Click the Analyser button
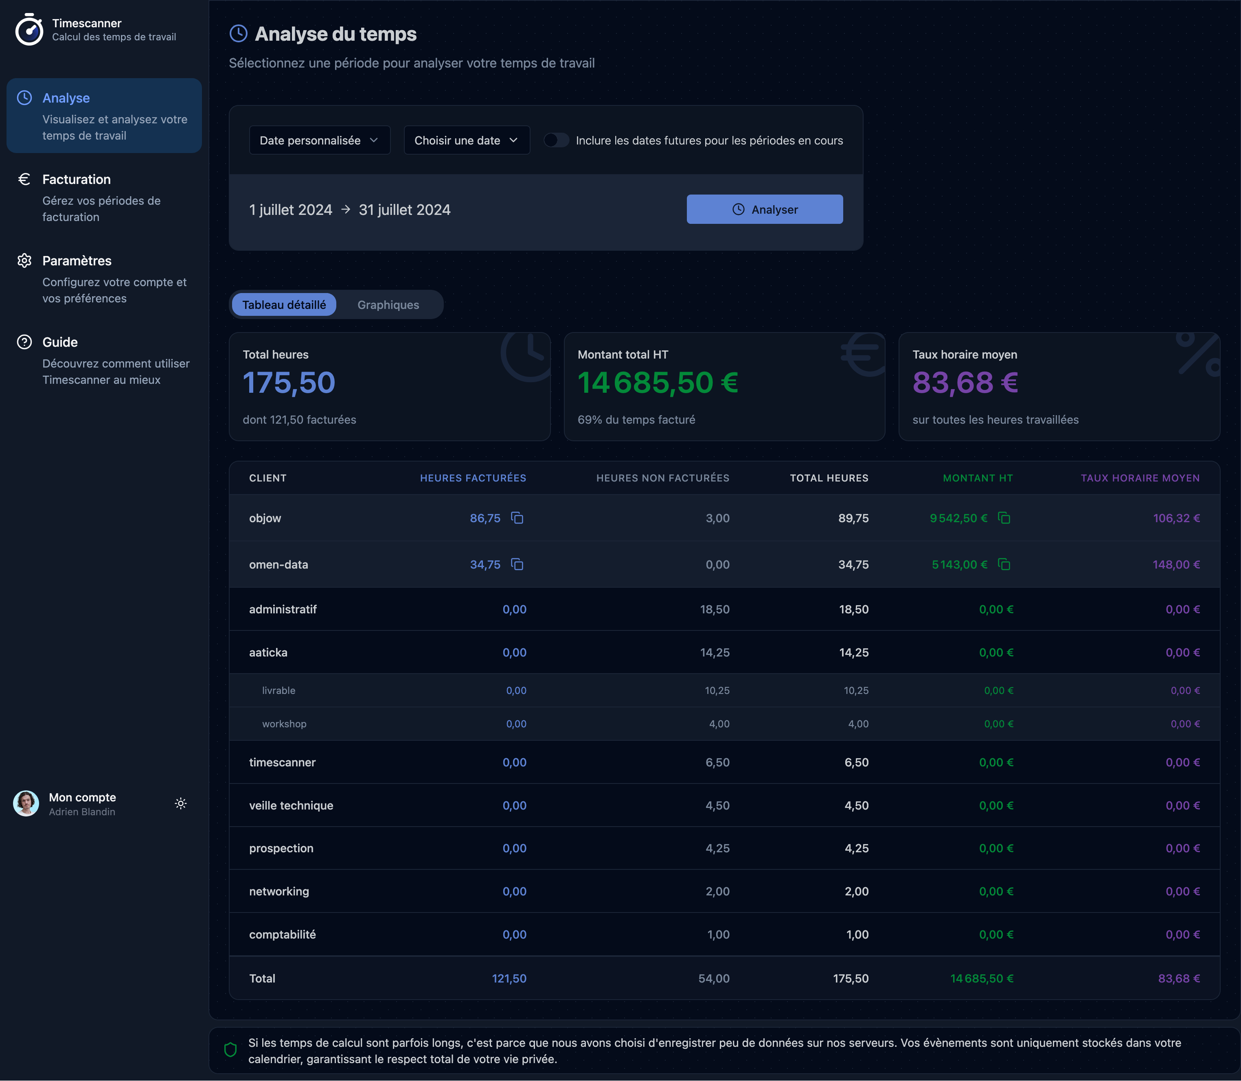coord(764,209)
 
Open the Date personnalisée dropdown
coord(319,140)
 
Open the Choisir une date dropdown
coord(466,140)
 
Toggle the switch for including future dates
coord(556,140)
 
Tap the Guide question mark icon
coord(24,342)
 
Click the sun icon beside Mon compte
coord(180,803)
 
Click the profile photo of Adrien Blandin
coord(26,803)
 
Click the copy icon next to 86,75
coord(517,518)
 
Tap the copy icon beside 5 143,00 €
coord(1004,565)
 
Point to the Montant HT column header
coord(977,478)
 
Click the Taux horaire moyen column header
coord(1140,478)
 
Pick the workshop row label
coord(284,724)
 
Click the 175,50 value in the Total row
coord(851,978)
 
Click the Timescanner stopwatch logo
coord(29,30)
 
